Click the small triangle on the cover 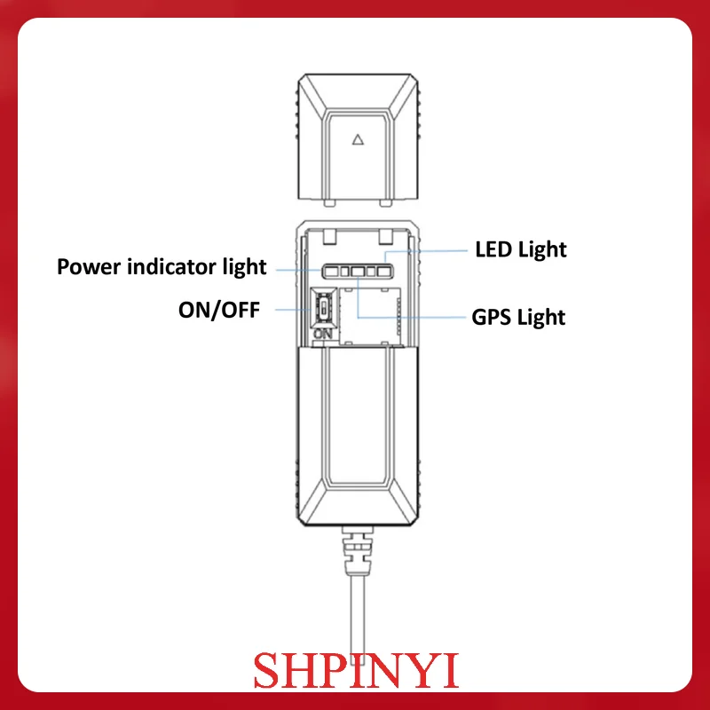pyautogui.click(x=358, y=138)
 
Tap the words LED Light pyautogui.click(x=520, y=249)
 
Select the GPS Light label pyautogui.click(x=517, y=316)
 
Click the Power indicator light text pyautogui.click(x=162, y=266)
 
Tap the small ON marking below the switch pyautogui.click(x=322, y=335)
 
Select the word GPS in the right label pyautogui.click(x=490, y=316)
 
